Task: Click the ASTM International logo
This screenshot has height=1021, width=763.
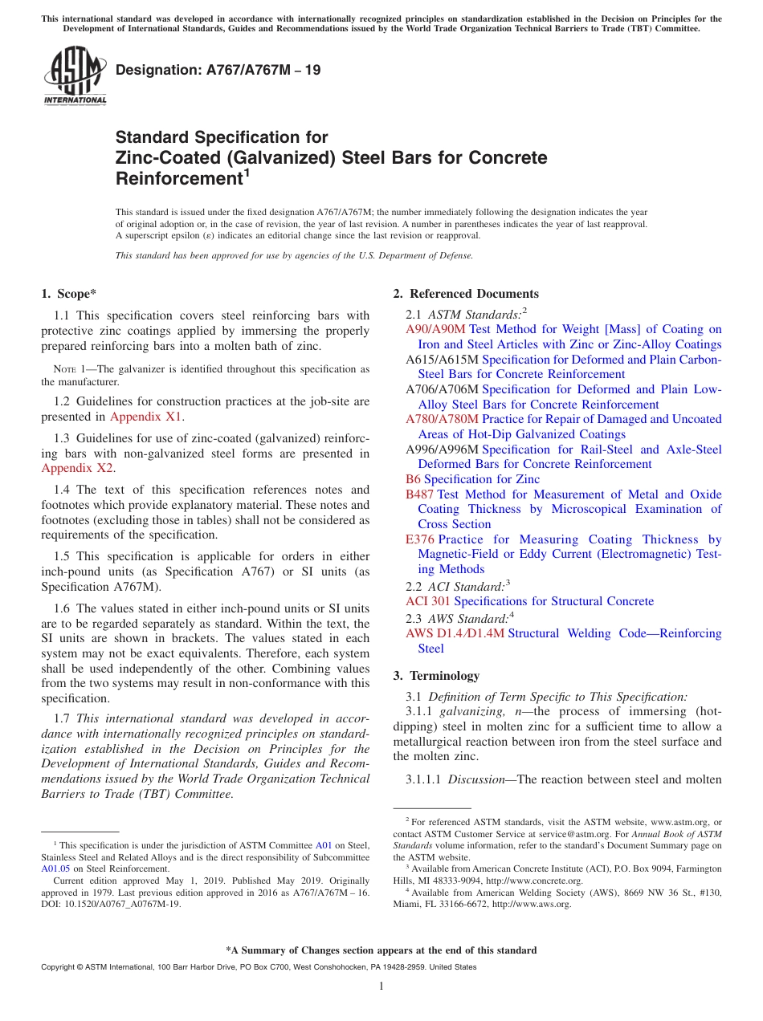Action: pos(75,77)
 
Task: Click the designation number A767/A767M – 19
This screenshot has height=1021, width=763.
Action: pos(218,70)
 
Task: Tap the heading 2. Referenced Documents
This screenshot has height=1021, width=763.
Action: pos(466,294)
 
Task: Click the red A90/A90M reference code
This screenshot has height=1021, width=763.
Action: pos(435,329)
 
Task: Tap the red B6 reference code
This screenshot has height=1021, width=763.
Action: pos(413,479)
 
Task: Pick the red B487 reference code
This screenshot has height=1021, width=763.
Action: pos(419,494)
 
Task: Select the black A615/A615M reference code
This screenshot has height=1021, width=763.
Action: pos(442,360)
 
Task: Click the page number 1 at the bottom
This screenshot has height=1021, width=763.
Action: pos(381,986)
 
